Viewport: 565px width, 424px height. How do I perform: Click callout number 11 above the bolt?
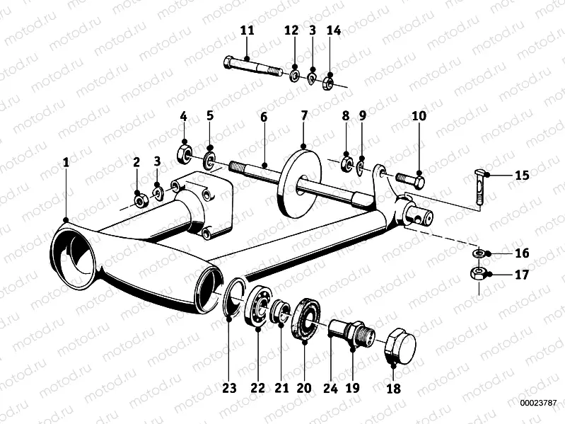246,30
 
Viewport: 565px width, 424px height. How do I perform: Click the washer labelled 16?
479,253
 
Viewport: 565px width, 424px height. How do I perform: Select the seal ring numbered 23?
233,297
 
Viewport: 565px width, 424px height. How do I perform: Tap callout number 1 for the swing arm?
66,162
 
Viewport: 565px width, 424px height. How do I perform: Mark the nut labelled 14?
328,83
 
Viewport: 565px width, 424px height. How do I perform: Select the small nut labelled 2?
140,201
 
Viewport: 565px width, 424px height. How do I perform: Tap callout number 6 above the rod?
263,117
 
